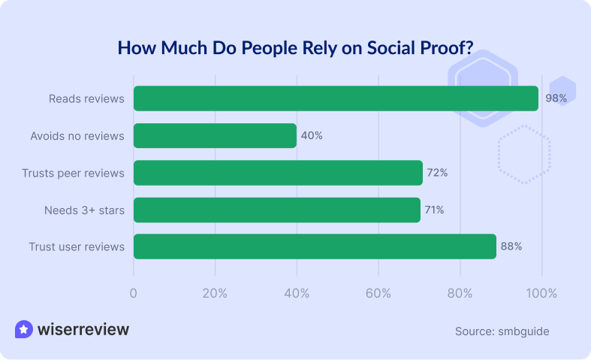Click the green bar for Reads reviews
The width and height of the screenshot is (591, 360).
336,98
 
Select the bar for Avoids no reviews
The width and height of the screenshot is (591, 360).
215,136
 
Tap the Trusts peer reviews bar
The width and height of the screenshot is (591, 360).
278,173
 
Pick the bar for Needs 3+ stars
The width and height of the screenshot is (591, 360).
276,210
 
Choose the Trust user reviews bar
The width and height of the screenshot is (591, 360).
315,247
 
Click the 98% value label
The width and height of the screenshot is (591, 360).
556,98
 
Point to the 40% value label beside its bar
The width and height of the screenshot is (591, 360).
312,136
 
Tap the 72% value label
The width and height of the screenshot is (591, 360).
437,173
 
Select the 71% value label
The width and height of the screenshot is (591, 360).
434,210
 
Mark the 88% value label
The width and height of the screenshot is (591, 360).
511,247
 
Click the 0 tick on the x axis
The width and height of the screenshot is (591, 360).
134,292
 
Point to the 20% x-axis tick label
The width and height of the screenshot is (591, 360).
216,292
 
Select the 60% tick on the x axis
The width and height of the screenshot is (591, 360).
378,292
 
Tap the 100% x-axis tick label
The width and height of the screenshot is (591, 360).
541,292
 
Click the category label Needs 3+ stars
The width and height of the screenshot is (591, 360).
84,210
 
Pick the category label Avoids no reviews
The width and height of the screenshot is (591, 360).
77,136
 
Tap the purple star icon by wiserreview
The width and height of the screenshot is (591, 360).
24,329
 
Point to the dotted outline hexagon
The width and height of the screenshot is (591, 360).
524,154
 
